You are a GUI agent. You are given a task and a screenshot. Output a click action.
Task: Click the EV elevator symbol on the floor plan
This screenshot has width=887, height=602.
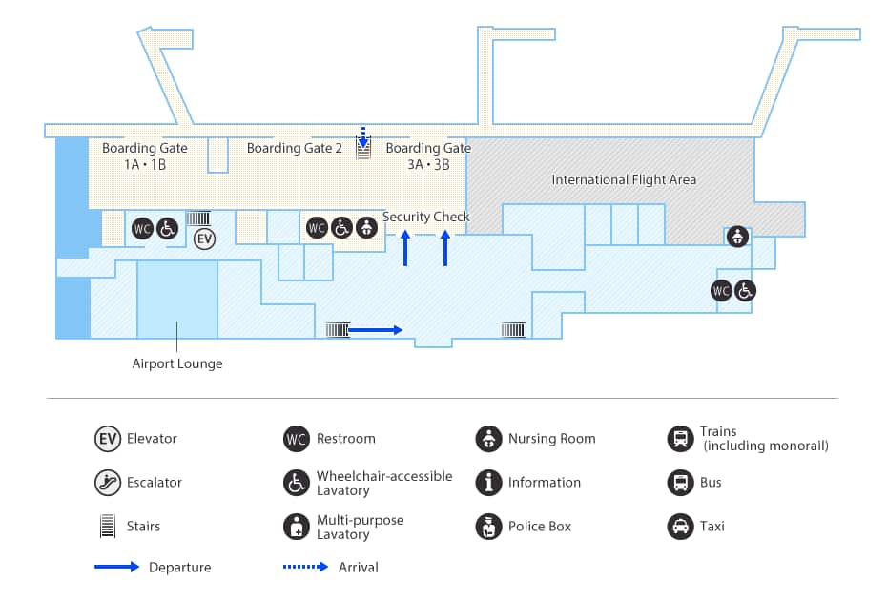[204, 239]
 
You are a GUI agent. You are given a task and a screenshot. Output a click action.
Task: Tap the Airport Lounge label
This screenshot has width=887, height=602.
[177, 363]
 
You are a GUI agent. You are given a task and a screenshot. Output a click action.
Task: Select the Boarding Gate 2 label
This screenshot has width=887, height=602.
[294, 148]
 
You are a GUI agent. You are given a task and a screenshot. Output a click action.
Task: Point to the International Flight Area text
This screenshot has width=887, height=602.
[624, 179]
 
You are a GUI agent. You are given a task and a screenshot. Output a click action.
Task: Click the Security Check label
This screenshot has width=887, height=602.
[426, 217]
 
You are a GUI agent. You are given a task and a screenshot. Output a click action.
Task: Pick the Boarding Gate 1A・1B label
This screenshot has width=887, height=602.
[145, 156]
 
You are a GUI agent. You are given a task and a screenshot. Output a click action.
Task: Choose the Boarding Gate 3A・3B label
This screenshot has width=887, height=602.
[428, 156]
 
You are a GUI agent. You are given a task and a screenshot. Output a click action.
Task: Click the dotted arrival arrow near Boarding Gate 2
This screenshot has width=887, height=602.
[362, 135]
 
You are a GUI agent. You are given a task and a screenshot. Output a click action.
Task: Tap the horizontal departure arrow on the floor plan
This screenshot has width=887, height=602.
[376, 330]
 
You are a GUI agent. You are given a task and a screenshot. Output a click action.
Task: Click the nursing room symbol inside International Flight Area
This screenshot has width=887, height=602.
[736, 237]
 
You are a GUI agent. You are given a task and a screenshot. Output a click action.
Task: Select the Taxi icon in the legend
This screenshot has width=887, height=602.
[680, 527]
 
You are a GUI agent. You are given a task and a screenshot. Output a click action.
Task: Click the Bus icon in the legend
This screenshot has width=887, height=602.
[680, 483]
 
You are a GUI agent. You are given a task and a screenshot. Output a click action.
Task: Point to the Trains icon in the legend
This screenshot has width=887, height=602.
[680, 439]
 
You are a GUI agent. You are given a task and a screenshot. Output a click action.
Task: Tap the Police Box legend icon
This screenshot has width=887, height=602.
[488, 527]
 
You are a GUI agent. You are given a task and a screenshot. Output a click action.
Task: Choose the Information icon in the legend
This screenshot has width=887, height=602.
[488, 483]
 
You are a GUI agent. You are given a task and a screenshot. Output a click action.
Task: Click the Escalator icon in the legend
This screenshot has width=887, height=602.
[108, 483]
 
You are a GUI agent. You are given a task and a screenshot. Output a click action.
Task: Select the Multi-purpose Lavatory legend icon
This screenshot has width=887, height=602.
[297, 527]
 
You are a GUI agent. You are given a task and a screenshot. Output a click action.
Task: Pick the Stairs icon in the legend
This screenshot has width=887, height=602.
[108, 527]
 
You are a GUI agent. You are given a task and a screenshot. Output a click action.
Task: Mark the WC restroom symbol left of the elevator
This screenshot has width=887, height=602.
[143, 229]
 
